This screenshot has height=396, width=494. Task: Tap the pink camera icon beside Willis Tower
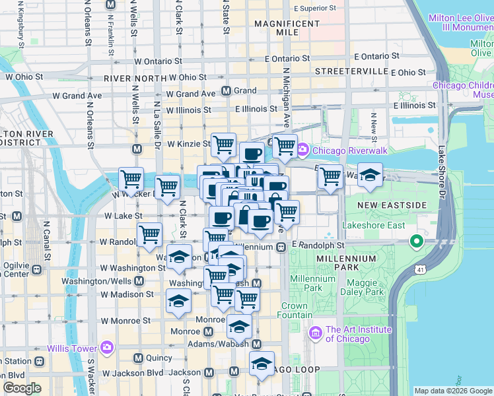click(x=107, y=347)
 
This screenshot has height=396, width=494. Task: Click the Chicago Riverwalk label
click(x=337, y=150)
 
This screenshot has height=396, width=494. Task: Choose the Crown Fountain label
click(x=295, y=311)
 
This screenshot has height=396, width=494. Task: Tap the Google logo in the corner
click(x=22, y=388)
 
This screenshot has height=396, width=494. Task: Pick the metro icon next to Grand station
click(x=226, y=90)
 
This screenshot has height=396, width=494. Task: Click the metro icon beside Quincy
click(x=138, y=358)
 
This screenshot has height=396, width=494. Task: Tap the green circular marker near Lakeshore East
click(x=416, y=242)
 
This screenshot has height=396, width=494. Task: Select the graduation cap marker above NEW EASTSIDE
click(x=370, y=176)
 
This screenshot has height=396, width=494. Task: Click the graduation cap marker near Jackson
click(x=262, y=364)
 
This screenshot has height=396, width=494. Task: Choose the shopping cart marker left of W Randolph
click(x=150, y=234)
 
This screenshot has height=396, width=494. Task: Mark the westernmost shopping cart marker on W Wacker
click(x=131, y=178)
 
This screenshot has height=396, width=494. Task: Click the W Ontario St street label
click(x=158, y=60)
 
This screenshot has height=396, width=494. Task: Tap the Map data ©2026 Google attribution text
click(x=452, y=390)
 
